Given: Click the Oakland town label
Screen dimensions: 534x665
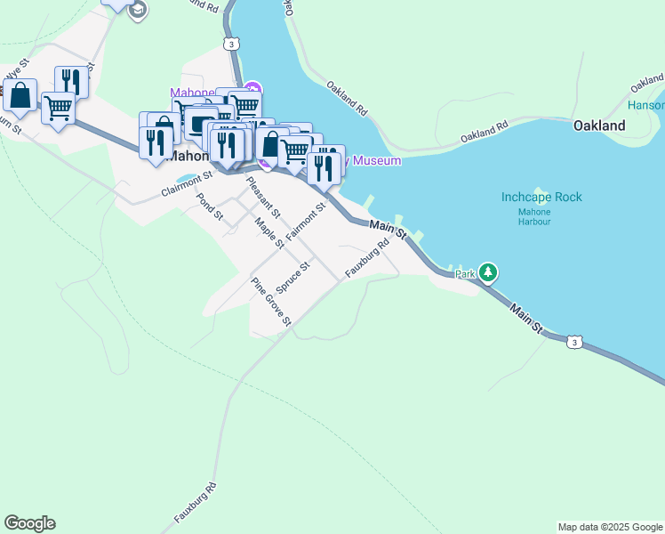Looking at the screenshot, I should pos(599,125).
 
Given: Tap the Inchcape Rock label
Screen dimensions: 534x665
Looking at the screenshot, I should pos(541,197).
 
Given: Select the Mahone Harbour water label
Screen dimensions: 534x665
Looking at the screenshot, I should pos(534,216).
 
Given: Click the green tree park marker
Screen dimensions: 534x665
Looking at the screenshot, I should pos(487,271).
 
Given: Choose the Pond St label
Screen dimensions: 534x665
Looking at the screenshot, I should pos(210,206).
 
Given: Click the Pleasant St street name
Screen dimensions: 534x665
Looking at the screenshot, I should pos(263,198).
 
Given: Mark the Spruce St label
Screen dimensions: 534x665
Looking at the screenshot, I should pos(292,277).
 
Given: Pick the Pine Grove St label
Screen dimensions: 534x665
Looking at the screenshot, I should pos(271,302).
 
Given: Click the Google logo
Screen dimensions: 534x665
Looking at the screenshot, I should pos(29,523).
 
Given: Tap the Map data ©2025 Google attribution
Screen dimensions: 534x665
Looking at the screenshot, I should pos(610,527).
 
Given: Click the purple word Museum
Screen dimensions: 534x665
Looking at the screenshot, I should pos(378,160).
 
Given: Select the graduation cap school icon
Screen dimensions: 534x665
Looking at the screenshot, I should pos(137,10).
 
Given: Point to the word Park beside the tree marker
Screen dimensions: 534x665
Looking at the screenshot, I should pos(466,274).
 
